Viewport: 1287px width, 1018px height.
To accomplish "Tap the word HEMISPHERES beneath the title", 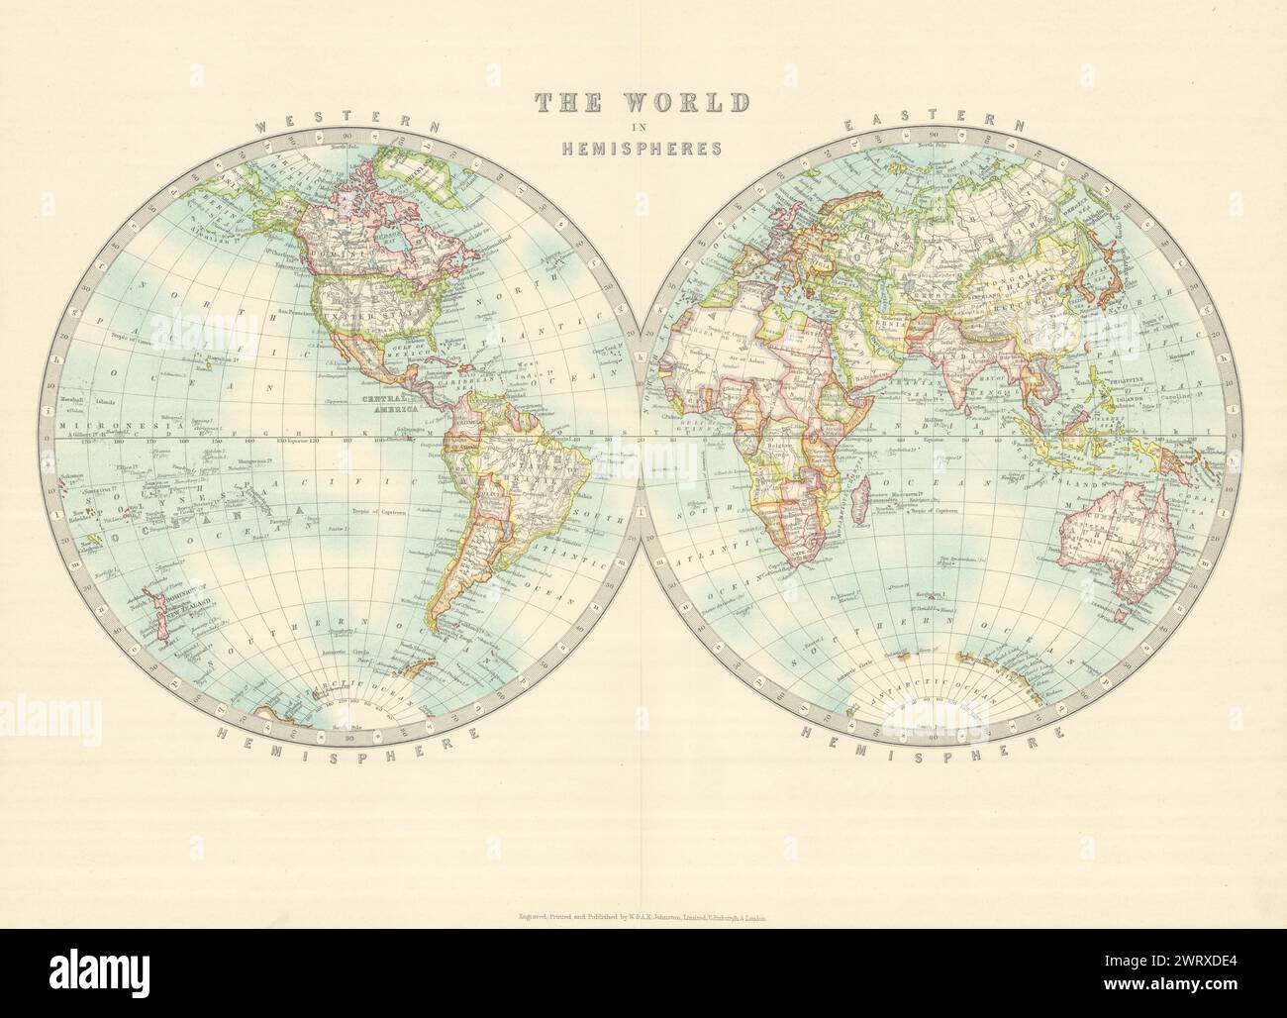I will [643, 149].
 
